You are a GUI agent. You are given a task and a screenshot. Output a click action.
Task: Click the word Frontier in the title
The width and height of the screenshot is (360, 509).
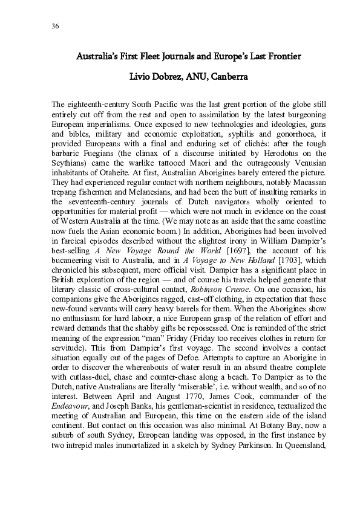(281, 57)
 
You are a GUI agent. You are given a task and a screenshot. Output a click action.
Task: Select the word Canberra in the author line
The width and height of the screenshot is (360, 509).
(221, 77)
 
